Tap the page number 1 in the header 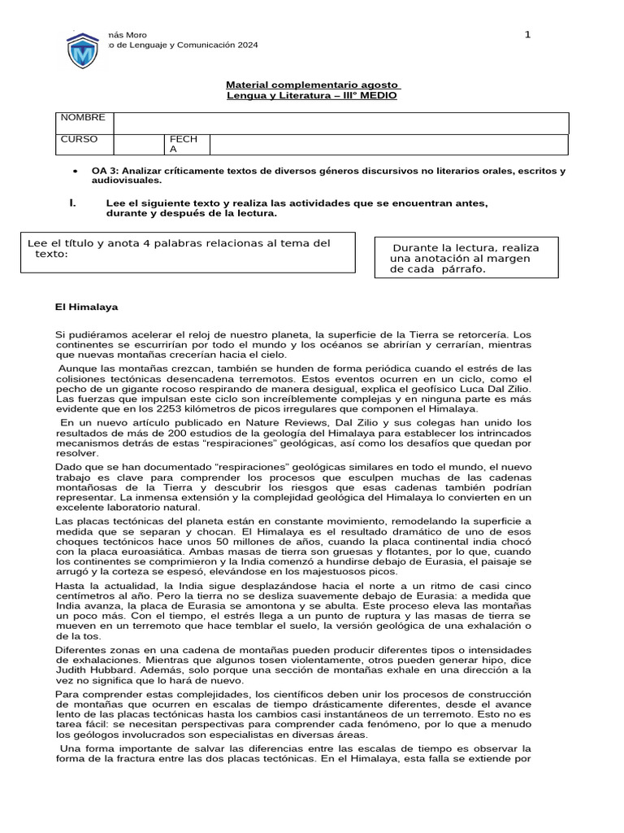(x=527, y=34)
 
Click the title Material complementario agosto (x=312, y=85)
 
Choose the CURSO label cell (x=80, y=139)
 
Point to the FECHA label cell (x=178, y=144)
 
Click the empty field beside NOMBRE (x=340, y=123)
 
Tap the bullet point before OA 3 (x=75, y=172)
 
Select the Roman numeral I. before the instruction (x=72, y=203)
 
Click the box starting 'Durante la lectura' (x=466, y=259)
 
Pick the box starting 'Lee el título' (x=188, y=253)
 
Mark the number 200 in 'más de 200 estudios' (x=158, y=434)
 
